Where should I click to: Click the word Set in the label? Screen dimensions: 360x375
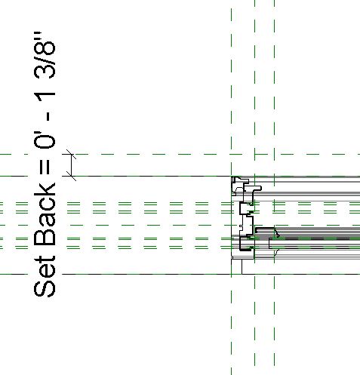pyautogui.click(x=45, y=276)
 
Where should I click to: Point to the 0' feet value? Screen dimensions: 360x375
pyautogui.click(x=45, y=140)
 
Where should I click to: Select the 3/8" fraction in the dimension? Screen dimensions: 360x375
pyautogui.click(x=45, y=55)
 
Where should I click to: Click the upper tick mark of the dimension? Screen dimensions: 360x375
pyautogui.click(x=71, y=154)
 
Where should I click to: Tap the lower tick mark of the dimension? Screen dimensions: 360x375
pyautogui.click(x=71, y=176)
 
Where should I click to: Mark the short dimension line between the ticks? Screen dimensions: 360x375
pyautogui.click(x=71, y=165)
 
